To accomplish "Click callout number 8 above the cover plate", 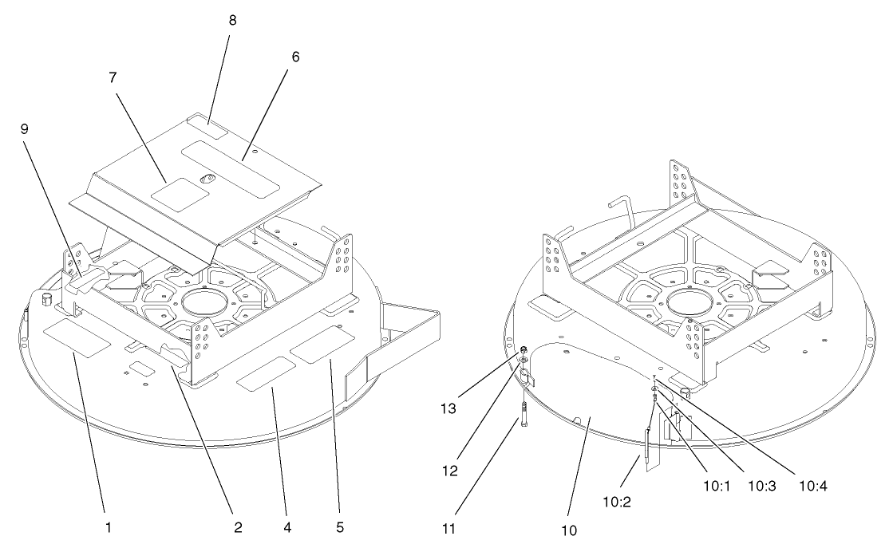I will point(232,21).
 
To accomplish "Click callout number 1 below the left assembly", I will point(109,526).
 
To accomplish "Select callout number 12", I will point(450,471).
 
